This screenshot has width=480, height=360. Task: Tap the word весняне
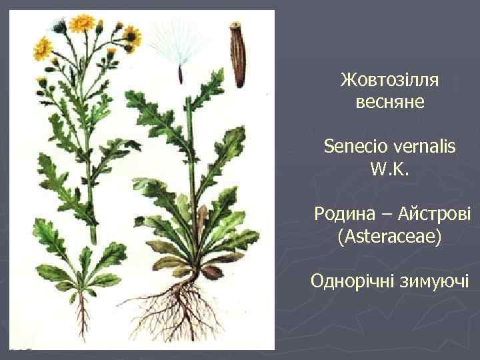[389, 103]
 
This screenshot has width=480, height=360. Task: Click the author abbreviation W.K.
[389, 169]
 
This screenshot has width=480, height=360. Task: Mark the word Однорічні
[352, 281]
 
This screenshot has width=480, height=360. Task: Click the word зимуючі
[433, 281]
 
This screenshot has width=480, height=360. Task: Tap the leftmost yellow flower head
[43, 47]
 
